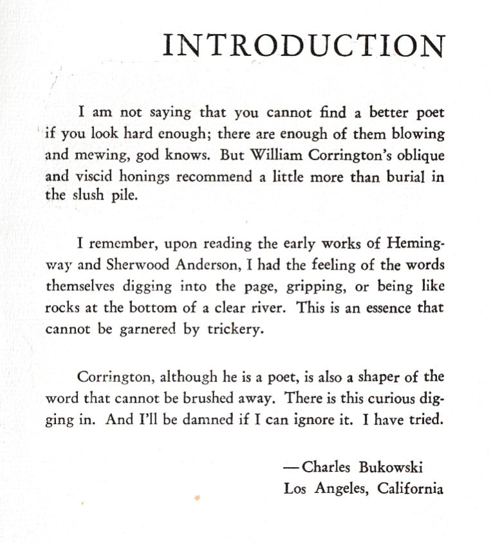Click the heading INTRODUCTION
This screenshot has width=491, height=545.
[304, 45]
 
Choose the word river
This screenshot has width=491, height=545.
[267, 307]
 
